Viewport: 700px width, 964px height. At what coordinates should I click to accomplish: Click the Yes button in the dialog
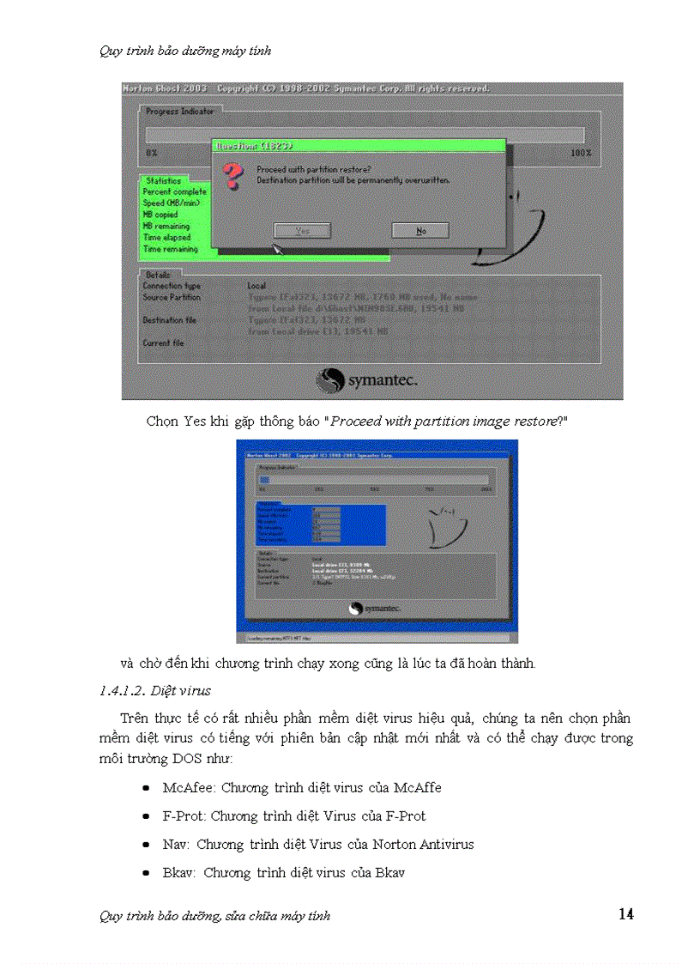302,231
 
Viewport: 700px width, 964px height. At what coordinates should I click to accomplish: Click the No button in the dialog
420,231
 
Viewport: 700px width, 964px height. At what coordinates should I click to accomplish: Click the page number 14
625,914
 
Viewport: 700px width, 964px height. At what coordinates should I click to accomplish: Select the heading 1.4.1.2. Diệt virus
155,690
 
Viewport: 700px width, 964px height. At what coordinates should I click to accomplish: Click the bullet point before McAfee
147,787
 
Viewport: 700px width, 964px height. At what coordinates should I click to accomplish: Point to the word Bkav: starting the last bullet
179,872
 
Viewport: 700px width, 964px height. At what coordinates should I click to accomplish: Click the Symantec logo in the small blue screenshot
377,609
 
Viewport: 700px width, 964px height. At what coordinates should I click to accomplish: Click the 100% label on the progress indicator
581,153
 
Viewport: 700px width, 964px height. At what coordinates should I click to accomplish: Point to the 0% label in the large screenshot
151,153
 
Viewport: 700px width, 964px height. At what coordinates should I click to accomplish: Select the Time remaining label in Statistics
170,249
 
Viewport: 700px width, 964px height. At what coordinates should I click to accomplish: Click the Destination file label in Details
169,320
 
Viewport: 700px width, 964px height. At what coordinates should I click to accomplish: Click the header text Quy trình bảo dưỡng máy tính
185,51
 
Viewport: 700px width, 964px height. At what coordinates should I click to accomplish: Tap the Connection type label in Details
171,286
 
